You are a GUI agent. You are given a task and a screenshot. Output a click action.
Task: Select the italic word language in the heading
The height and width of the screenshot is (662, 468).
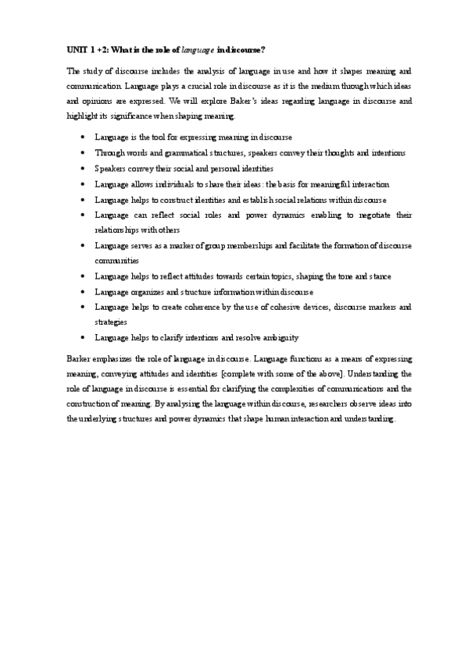click(196, 50)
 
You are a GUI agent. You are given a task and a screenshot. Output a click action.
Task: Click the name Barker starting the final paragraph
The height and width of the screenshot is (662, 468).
click(80, 358)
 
